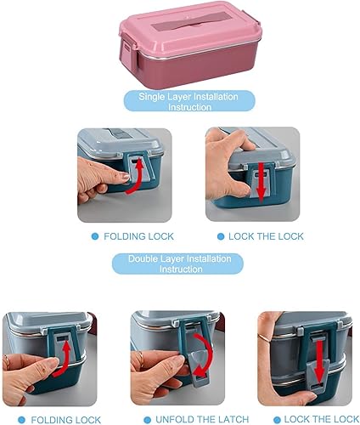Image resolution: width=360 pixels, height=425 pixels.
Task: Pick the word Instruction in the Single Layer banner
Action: pos(181,108)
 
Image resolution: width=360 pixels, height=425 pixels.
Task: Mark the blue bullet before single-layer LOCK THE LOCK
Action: pos(221,235)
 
